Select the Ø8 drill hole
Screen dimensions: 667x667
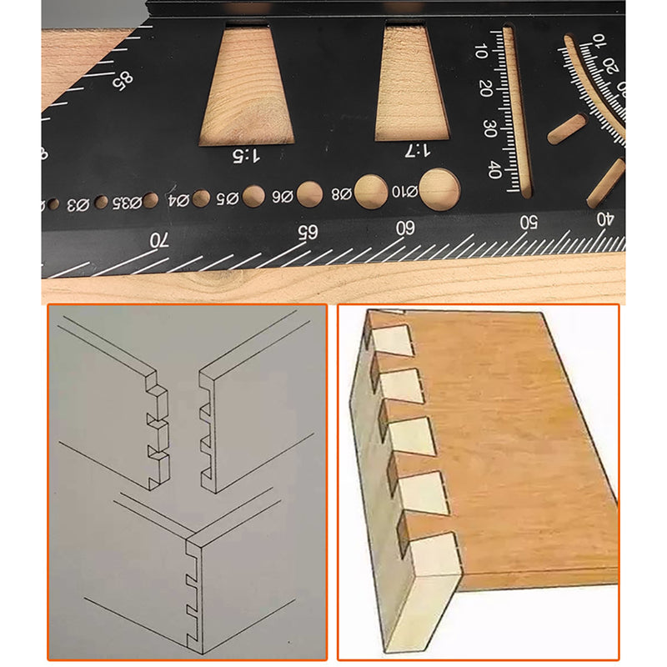pos(371,191)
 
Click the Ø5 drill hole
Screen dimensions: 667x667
pos(254,196)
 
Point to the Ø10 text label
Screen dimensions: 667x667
pos(404,191)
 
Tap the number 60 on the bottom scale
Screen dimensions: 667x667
pos(406,227)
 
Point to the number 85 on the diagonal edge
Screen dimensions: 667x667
pos(123,81)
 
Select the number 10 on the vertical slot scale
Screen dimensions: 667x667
pos(481,50)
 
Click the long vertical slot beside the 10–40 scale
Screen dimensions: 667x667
pos(515,113)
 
